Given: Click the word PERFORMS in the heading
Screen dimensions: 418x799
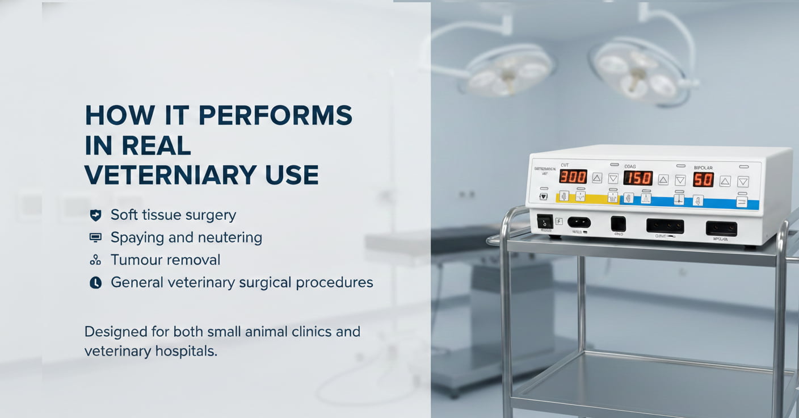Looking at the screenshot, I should [x=275, y=116].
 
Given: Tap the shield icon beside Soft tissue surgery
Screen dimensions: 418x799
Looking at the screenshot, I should [x=95, y=215].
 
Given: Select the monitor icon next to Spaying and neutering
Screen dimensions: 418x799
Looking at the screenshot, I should [x=95, y=237].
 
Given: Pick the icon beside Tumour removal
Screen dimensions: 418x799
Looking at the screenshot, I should [x=95, y=260].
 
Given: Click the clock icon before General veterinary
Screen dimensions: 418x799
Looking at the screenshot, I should [x=95, y=282].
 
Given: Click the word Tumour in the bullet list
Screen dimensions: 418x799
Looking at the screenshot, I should [x=134, y=260].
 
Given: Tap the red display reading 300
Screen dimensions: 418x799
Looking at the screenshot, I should [x=573, y=177].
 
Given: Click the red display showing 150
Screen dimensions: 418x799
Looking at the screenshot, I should [x=638, y=178].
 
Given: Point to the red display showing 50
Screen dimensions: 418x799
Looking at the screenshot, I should [x=703, y=180].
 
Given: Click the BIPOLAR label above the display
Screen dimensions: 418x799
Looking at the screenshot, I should [x=703, y=168].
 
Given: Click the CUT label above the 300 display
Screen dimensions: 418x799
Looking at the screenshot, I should [x=565, y=165].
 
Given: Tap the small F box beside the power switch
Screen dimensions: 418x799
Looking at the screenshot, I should [x=559, y=221].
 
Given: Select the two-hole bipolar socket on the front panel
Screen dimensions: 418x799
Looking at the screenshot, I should [x=721, y=228].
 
